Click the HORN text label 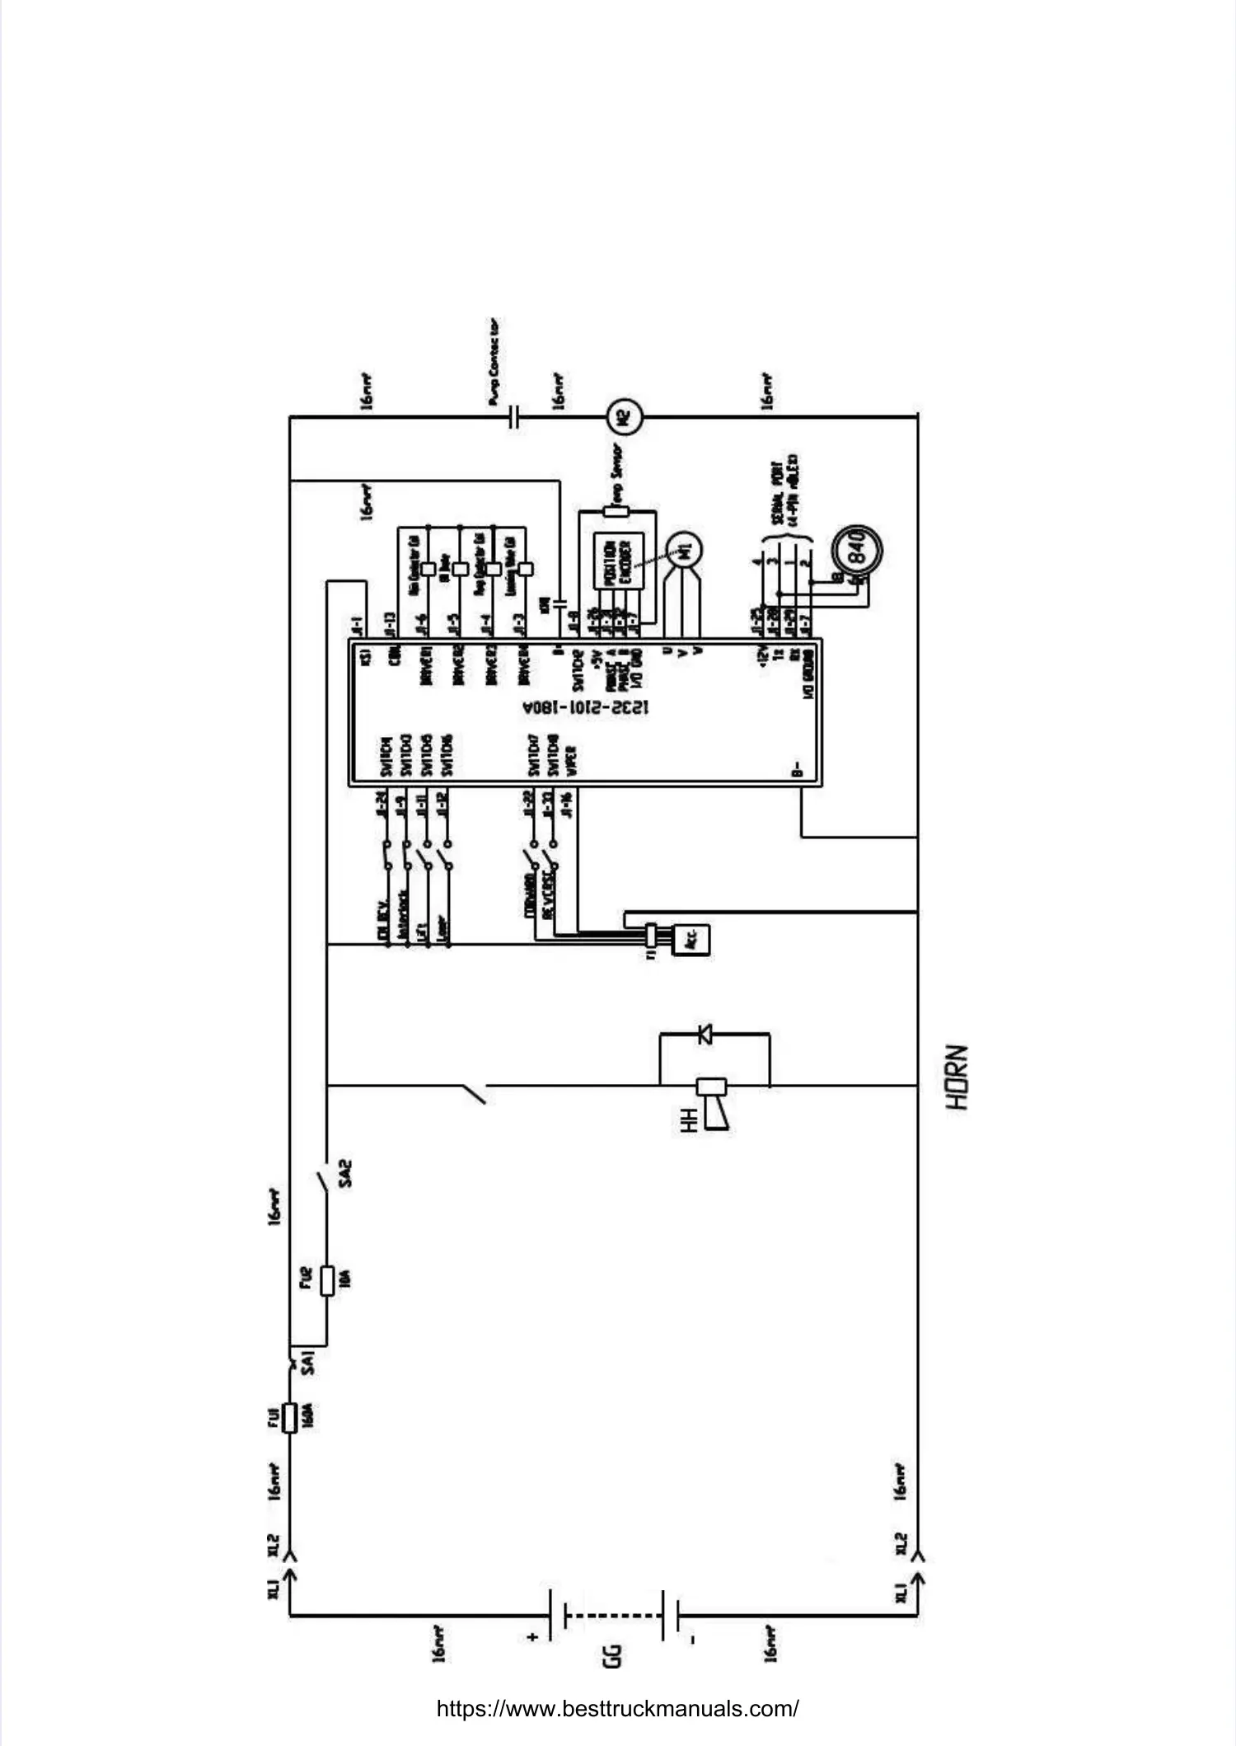click(957, 1077)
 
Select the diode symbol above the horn click(705, 1034)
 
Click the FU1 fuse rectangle click(289, 1418)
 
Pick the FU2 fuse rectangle click(327, 1279)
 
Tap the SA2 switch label click(346, 1173)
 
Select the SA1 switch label click(308, 1362)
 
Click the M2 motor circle click(624, 416)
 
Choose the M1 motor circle click(683, 550)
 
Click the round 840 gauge click(856, 547)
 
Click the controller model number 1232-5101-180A click(586, 707)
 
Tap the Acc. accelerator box click(691, 939)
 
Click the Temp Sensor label click(615, 472)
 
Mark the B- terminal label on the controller click(797, 768)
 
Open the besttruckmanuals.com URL click(617, 1708)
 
